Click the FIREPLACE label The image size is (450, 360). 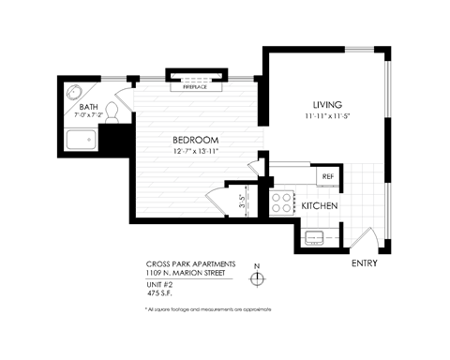point(196,85)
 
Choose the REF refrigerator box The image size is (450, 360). point(328,176)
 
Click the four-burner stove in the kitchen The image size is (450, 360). point(281,202)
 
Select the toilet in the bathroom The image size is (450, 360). point(111,112)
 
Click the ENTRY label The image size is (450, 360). point(364,263)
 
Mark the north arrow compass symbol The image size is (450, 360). point(255,277)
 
